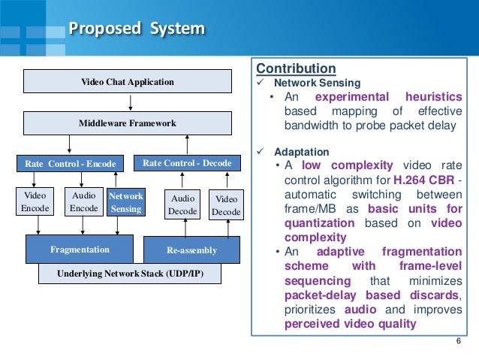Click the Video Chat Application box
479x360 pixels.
click(x=127, y=81)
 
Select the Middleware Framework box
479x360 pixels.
click(x=127, y=123)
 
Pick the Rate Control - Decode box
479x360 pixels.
click(x=187, y=163)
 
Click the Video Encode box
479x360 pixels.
click(x=36, y=201)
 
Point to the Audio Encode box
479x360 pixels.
click(x=83, y=201)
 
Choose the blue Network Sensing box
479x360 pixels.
click(x=125, y=202)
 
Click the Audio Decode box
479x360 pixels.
click(x=182, y=205)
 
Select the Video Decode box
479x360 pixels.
click(x=226, y=205)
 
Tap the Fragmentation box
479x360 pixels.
click(x=80, y=249)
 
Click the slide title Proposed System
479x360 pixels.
click(x=137, y=29)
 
